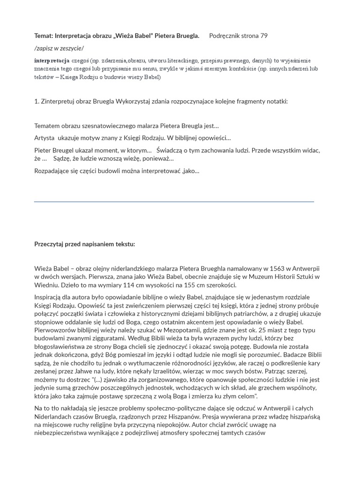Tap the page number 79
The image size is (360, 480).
[264, 36]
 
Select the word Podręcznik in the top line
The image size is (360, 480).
[226, 36]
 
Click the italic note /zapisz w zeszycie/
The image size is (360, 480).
[59, 48]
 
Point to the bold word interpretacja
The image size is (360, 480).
[52, 60]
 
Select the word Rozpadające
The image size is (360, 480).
[54, 171]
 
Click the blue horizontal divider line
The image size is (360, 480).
[174, 202]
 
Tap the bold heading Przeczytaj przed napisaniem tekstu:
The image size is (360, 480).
[84, 244]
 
